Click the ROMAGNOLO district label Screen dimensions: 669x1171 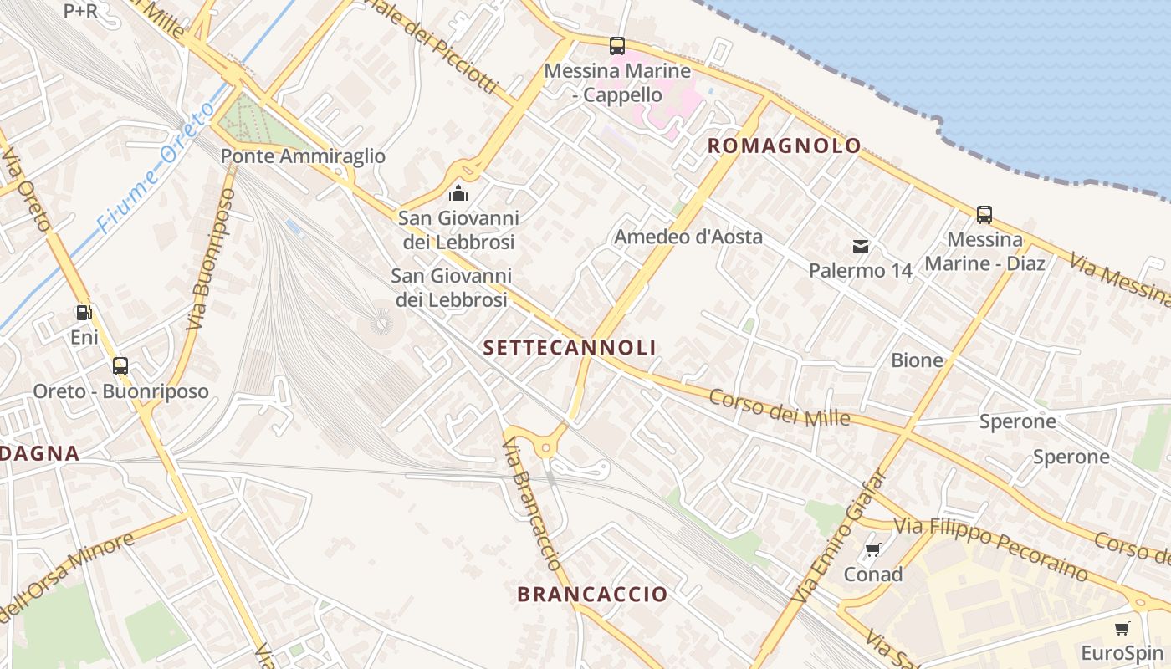[x=784, y=146]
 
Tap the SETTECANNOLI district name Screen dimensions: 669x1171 [x=570, y=348]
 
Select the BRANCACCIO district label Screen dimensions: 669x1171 [x=592, y=595]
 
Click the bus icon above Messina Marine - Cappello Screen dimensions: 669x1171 [x=617, y=46]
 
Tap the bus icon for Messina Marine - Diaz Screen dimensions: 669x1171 [x=984, y=215]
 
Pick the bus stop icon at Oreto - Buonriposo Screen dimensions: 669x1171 [x=120, y=366]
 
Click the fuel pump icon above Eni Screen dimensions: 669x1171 [x=84, y=313]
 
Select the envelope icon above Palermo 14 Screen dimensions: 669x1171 [x=860, y=246]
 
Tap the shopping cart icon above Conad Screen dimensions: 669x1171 [x=872, y=549]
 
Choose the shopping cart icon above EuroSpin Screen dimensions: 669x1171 [x=1122, y=628]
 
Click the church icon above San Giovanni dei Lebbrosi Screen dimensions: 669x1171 [x=458, y=194]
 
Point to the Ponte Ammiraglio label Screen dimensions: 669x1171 [x=303, y=156]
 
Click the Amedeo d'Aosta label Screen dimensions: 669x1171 [x=688, y=237]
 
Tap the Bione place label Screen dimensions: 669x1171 [x=917, y=360]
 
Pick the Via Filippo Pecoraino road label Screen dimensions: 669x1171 [x=991, y=549]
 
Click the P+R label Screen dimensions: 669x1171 [x=80, y=11]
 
